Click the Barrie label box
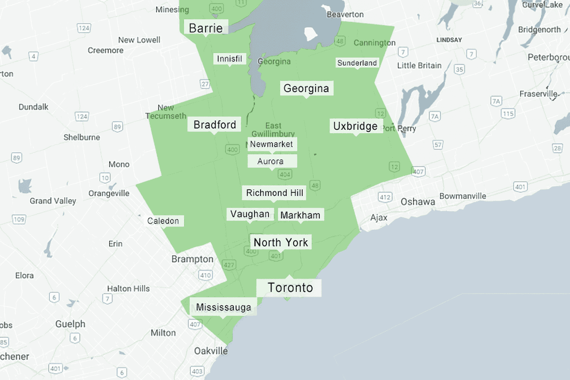coord(206,28)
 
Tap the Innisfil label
coord(229,59)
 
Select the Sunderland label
coord(357,63)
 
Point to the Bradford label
coord(214,125)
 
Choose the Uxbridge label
coord(356,126)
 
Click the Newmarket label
coord(272,144)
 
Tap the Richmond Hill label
coord(275,193)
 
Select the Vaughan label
coord(250,214)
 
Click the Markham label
coord(301,215)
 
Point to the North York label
coord(281,242)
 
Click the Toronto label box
coord(290,288)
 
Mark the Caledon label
coord(164,221)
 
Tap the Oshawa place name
coord(418,202)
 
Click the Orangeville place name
coord(109,193)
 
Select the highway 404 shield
coord(285,174)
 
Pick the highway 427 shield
coord(229,265)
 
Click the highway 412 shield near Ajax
coord(385,197)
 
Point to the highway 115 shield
coord(508,114)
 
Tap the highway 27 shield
coord(205,84)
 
